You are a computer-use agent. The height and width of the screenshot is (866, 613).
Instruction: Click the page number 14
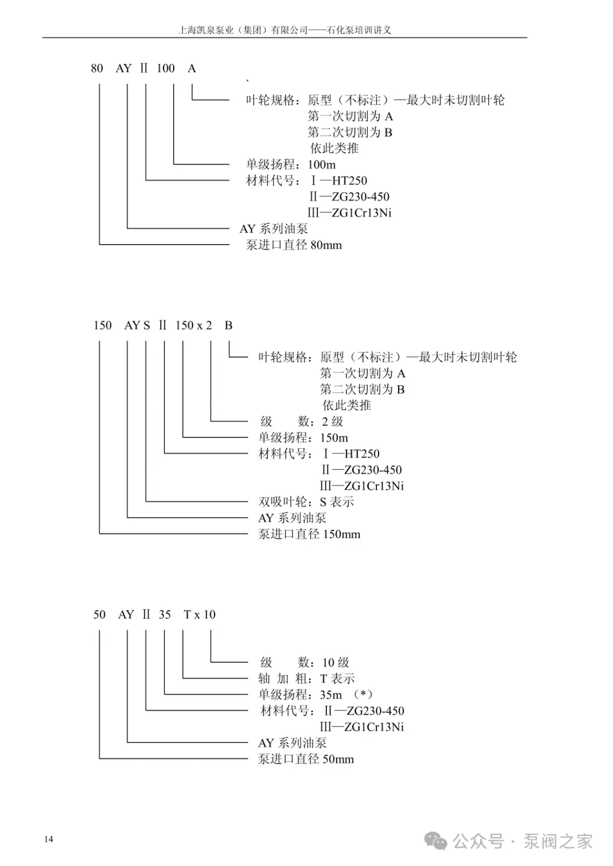[49, 839]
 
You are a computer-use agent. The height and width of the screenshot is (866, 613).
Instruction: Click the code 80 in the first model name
[97, 69]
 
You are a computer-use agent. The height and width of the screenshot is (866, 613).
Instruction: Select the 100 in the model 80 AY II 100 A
[166, 69]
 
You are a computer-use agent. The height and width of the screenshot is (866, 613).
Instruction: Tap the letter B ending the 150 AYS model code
[228, 326]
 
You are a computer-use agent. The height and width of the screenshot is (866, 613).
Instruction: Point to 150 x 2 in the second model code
[194, 326]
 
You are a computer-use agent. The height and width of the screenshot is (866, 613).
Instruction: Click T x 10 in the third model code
[200, 615]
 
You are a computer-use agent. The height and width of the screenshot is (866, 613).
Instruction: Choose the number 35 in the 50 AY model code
[165, 615]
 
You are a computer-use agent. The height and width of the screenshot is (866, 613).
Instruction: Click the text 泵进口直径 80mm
[293, 245]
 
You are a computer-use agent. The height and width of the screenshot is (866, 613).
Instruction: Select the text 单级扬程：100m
[291, 165]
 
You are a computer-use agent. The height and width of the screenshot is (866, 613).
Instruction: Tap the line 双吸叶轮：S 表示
[306, 502]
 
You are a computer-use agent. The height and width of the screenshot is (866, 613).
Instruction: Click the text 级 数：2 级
[301, 422]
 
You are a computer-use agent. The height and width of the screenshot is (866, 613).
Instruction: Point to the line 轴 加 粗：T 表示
[306, 679]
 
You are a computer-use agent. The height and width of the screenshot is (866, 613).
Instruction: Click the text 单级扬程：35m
[300, 695]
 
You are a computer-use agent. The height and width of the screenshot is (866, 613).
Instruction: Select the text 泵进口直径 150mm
[309, 534]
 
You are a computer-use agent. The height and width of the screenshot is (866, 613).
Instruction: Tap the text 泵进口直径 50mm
[306, 759]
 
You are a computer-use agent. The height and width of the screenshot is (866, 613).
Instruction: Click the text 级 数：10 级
[305, 663]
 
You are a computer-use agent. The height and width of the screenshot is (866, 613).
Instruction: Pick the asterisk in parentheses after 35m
[363, 694]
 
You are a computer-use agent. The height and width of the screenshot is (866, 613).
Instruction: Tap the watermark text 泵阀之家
[557, 841]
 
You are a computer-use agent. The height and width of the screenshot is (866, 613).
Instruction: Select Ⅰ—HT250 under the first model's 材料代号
[339, 181]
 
